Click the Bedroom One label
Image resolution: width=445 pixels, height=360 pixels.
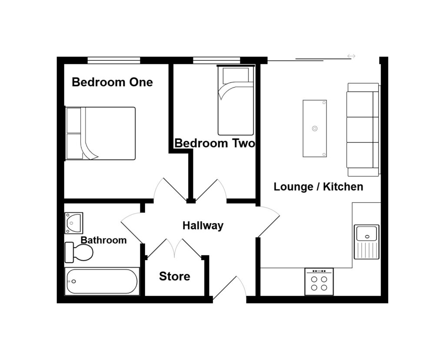[112, 82]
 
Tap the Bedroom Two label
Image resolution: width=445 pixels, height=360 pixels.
[215, 143]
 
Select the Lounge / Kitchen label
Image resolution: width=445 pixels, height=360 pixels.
[318, 187]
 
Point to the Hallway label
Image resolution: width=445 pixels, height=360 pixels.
[203, 225]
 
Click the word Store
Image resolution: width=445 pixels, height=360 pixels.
[174, 276]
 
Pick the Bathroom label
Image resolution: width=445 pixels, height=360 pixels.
[104, 240]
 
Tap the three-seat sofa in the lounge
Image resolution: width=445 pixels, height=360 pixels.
[363, 129]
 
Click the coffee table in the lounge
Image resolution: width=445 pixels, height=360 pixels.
[315, 129]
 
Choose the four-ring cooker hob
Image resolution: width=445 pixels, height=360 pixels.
[319, 282]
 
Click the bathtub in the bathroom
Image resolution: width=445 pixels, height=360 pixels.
[102, 281]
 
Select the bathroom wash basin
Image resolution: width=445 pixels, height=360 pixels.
[73, 222]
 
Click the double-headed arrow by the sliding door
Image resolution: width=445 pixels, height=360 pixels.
[351, 56]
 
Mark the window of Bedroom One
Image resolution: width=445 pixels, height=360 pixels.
[114, 60]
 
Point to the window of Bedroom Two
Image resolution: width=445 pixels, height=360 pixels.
[216, 60]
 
